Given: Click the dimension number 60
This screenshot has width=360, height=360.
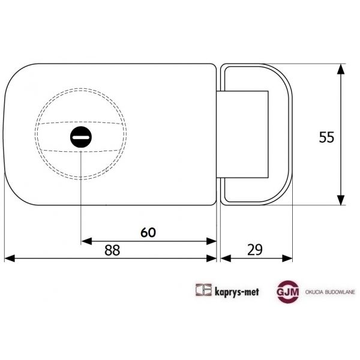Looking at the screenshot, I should tap(150, 232).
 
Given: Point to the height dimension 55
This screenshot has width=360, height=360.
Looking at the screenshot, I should tap(325, 137).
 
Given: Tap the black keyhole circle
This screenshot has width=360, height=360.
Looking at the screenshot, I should tap(80, 137).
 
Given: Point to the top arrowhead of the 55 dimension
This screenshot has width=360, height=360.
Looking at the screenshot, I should tap(341, 69).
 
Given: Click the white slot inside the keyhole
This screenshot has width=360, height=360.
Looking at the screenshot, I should tap(80, 137).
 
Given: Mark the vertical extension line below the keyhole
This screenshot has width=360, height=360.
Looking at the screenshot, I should tap(80, 192).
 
